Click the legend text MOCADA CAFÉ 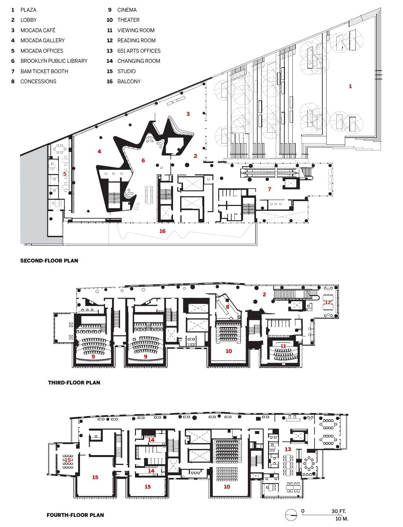38,30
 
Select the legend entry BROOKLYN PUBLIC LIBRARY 54,61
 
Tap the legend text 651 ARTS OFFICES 139,51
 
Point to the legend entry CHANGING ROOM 139,61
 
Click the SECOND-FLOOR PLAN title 49,261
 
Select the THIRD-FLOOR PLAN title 74,383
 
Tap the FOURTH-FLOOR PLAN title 75,515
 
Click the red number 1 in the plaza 350,86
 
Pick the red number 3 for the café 188,114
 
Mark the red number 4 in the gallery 100,151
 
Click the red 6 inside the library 143,160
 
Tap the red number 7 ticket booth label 270,189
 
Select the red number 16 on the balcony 163,231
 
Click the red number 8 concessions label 228,306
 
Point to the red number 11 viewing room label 284,346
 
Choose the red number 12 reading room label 328,303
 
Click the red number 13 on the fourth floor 288,449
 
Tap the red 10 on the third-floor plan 229,351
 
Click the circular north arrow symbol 291,515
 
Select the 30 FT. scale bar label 339,511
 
